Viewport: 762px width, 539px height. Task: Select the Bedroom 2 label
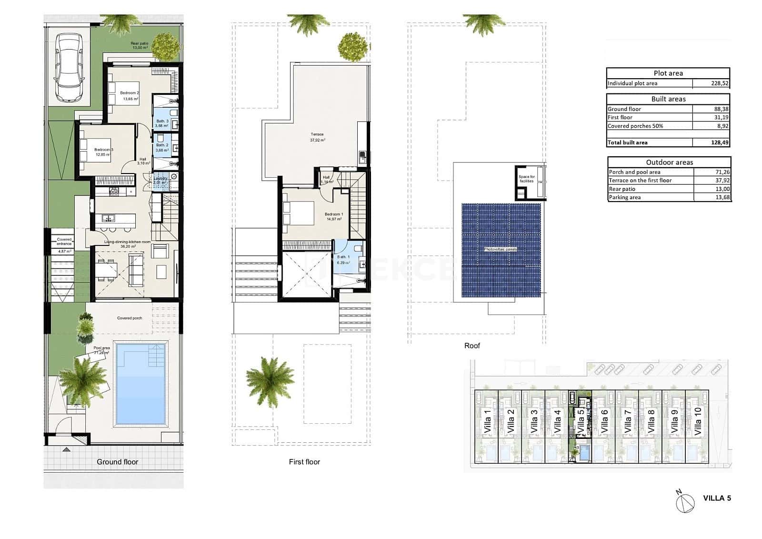coord(130,93)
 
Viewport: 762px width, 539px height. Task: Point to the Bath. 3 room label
coord(162,122)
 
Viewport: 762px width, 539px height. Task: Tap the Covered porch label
coord(130,318)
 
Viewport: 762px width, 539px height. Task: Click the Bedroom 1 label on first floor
coord(334,214)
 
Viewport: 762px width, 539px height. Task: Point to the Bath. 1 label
coord(343,257)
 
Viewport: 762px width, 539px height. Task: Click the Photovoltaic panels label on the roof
coord(500,249)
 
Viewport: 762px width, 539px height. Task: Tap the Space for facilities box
coord(526,179)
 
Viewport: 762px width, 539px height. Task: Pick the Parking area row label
coord(624,197)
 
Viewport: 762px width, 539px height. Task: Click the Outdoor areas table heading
coord(669,162)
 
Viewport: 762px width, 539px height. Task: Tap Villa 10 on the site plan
coord(698,421)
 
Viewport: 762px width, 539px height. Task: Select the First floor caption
coord(304,462)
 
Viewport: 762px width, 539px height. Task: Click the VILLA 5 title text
coord(717,498)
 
